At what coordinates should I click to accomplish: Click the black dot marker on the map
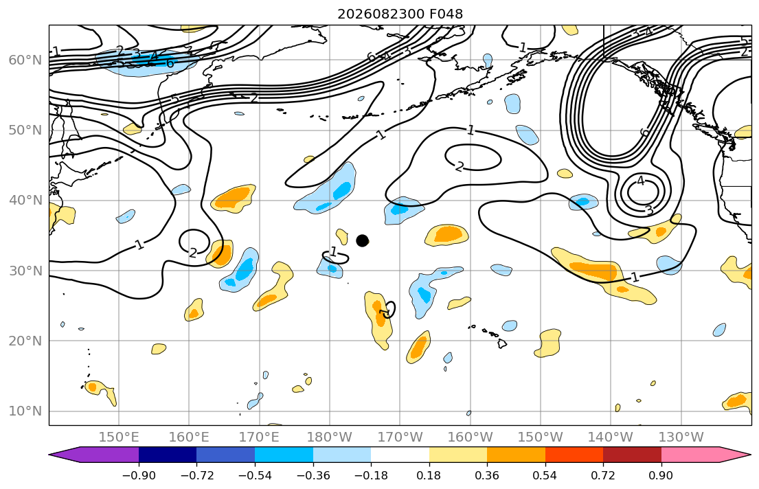tap(362, 240)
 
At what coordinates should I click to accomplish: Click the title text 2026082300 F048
tap(400, 14)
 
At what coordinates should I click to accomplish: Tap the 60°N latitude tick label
tap(25, 60)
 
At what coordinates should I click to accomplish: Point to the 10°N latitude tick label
tap(25, 411)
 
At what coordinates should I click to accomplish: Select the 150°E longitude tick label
tap(119, 437)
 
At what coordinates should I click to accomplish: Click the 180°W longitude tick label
tap(330, 437)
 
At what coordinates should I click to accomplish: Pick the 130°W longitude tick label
tap(681, 437)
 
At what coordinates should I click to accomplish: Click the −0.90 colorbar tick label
tap(139, 475)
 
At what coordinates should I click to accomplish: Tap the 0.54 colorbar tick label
tap(545, 475)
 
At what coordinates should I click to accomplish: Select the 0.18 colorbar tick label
tap(429, 475)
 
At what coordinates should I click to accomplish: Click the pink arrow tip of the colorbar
tap(750, 455)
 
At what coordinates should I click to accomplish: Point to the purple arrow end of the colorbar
tap(50, 455)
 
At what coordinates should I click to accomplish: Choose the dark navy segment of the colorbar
tap(168, 455)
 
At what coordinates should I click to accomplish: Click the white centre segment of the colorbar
tap(400, 455)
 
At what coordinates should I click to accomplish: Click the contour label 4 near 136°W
tap(641, 181)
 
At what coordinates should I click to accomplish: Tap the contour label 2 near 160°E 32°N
tap(192, 252)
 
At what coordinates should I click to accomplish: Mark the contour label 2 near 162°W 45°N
tap(459, 167)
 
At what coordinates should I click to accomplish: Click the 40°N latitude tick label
tap(25, 201)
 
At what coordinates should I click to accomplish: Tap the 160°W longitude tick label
tap(470, 437)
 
